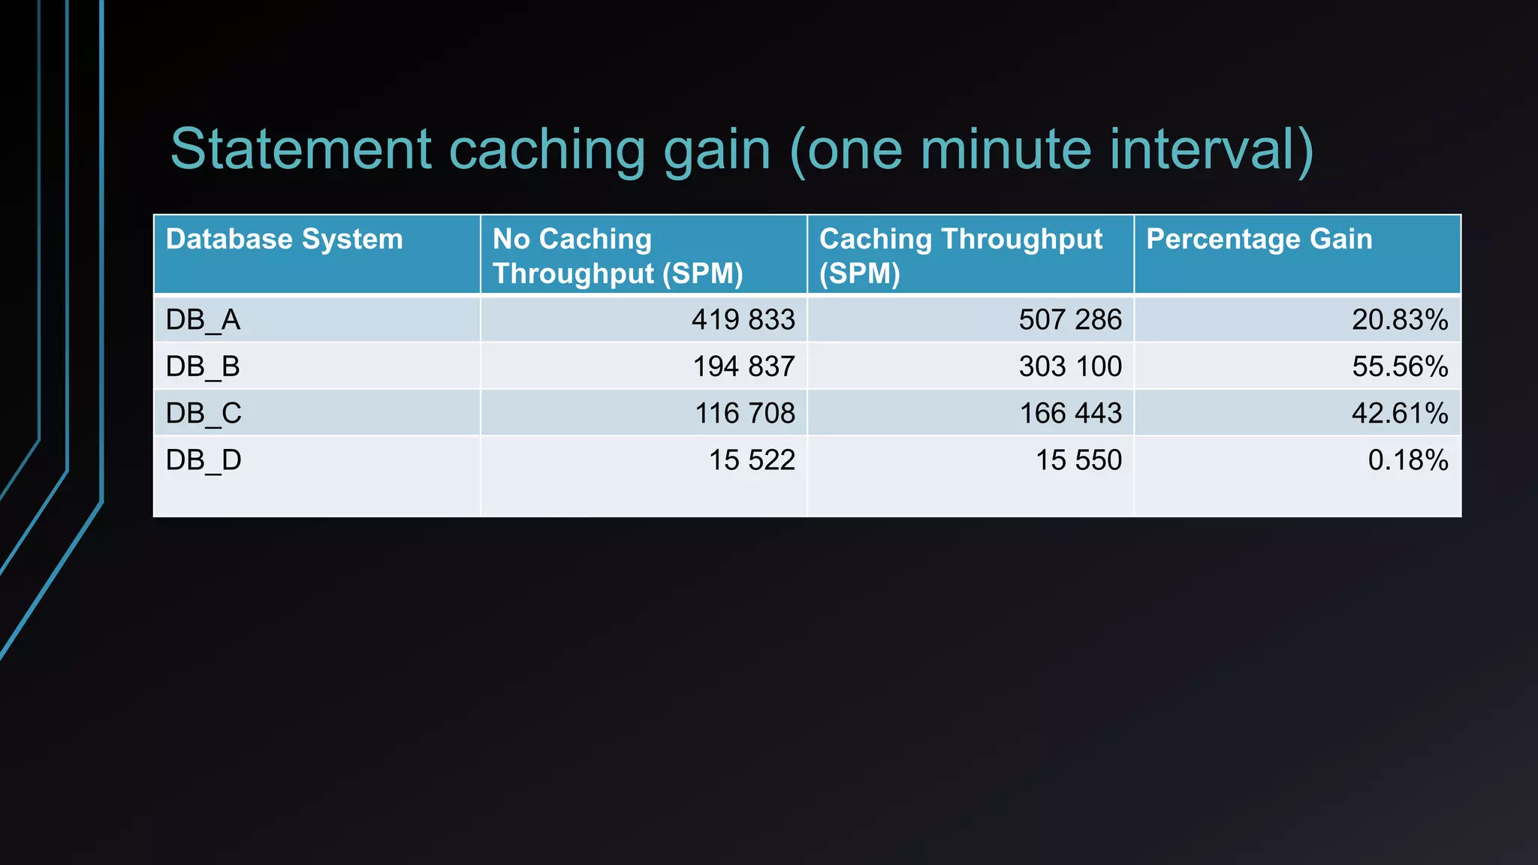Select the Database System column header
point(284,240)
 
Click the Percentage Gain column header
point(1259,240)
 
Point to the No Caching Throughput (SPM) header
point(617,256)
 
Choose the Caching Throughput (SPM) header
point(960,256)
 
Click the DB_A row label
point(203,320)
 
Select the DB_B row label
point(203,366)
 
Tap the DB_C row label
point(204,413)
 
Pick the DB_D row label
point(204,460)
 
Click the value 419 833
point(743,320)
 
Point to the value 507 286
point(1069,320)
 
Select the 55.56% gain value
point(1400,366)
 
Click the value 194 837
point(743,366)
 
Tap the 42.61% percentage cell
point(1400,413)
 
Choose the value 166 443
point(1070,413)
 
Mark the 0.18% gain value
point(1407,460)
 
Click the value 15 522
point(752,460)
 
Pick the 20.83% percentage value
point(1400,320)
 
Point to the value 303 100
point(1069,366)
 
